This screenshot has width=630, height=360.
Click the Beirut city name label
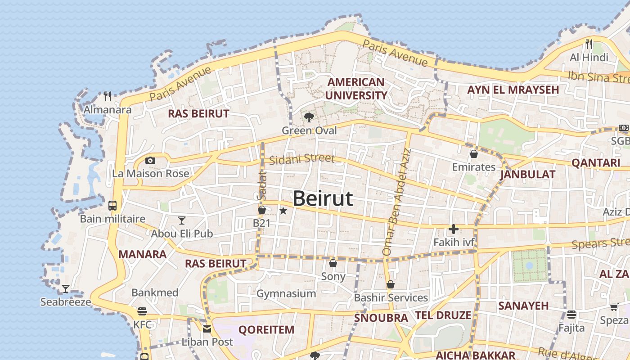pyautogui.click(x=323, y=198)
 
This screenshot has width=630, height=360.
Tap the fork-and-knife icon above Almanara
pyautogui.click(x=108, y=96)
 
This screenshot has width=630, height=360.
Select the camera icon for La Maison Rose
pyautogui.click(x=150, y=160)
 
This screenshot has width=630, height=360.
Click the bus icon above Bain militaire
pyautogui.click(x=112, y=206)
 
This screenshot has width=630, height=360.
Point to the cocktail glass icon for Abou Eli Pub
pyautogui.click(x=182, y=220)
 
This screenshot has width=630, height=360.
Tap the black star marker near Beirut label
pyautogui.click(x=283, y=211)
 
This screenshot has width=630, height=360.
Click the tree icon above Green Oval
pyautogui.click(x=309, y=117)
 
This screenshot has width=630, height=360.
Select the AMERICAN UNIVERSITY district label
pyautogui.click(x=356, y=89)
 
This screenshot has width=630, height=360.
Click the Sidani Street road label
pyautogui.click(x=302, y=158)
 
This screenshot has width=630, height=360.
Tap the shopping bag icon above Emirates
pyautogui.click(x=473, y=154)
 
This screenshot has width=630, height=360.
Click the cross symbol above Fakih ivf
pyautogui.click(x=453, y=229)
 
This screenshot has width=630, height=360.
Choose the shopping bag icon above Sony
pyautogui.click(x=333, y=263)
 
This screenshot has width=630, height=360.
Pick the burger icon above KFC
pyautogui.click(x=142, y=311)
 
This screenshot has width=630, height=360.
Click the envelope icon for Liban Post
pyautogui.click(x=207, y=329)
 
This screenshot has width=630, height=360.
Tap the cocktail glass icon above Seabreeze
pyautogui.click(x=66, y=288)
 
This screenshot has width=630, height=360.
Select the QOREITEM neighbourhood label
pyautogui.click(x=266, y=330)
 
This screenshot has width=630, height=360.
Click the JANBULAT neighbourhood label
pyautogui.click(x=527, y=174)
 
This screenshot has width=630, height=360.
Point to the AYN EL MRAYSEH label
pyautogui.click(x=513, y=90)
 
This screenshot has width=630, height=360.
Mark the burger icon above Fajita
pyautogui.click(x=571, y=314)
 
